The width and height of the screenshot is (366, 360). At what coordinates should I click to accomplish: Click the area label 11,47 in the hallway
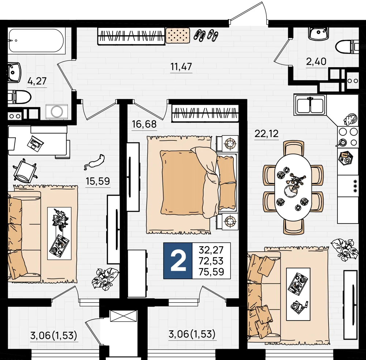(181, 67)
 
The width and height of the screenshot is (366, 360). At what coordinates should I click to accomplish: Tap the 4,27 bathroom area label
(37, 81)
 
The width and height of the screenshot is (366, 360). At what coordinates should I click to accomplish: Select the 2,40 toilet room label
(316, 61)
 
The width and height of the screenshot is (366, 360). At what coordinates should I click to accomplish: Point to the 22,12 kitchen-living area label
(266, 134)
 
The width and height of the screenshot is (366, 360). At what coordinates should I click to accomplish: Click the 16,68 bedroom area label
(144, 124)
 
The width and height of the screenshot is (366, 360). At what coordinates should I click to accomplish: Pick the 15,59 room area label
(98, 181)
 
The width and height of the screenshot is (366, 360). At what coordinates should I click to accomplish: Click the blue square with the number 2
(178, 261)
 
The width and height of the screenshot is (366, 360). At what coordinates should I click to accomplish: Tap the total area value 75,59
(211, 272)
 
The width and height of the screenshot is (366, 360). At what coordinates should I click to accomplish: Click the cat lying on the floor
(94, 161)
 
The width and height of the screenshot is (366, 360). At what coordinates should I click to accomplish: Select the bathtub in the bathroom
(36, 41)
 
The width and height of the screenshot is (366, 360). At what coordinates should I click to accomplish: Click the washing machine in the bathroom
(57, 112)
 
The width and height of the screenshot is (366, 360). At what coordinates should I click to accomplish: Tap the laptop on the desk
(35, 142)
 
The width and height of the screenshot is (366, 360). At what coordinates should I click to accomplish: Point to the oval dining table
(293, 187)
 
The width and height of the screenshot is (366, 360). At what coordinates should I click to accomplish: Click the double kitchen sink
(310, 105)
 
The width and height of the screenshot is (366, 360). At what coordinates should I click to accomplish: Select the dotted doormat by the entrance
(178, 35)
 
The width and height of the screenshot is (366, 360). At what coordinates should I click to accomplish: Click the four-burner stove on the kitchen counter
(348, 137)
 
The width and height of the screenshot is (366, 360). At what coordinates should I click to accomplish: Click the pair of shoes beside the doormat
(206, 35)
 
